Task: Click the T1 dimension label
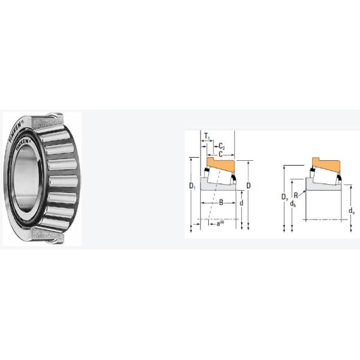207,137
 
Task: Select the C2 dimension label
221,146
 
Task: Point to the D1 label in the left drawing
192,187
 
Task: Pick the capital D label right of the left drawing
248,185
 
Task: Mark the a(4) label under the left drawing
220,224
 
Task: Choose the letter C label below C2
220,154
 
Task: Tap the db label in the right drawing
292,205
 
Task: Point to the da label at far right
351,211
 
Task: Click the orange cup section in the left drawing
220,163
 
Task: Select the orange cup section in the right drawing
324,163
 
